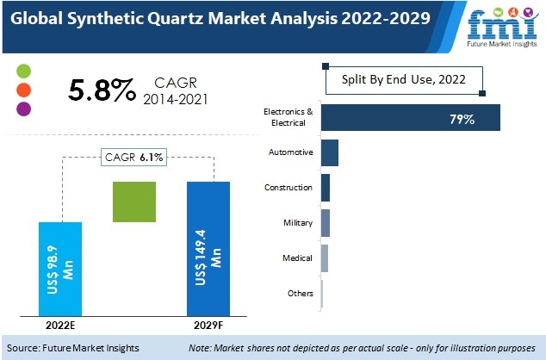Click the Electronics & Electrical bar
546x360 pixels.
pos(410,118)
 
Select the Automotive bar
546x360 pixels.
pos(330,153)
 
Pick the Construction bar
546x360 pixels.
pos(326,188)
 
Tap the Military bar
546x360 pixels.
pos(326,222)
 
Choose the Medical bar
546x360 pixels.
pos(325,258)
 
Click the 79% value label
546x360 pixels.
pos(462,118)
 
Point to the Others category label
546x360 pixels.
pos(301,294)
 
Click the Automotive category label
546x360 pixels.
pos(292,153)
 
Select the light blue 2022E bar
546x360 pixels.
pos(60,268)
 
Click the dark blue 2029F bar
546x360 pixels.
pos(209,249)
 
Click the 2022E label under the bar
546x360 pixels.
pos(60,325)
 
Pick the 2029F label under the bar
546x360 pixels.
pos(209,325)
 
